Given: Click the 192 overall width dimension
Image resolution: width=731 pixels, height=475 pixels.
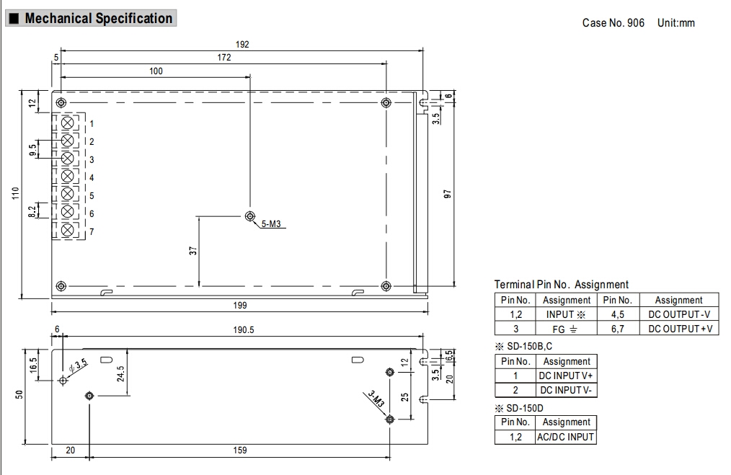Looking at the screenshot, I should [242, 45].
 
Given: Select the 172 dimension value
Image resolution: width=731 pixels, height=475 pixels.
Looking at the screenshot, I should [224, 58].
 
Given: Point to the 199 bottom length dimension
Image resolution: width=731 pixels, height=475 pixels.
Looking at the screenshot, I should [240, 306].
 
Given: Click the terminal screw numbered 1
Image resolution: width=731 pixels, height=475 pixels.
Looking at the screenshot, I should [68, 123].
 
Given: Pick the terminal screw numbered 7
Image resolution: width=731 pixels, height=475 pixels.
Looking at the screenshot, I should [68, 231].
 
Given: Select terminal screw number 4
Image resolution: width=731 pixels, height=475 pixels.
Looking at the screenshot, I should [68, 177].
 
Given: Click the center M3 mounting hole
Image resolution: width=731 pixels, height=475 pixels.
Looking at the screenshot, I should [249, 216].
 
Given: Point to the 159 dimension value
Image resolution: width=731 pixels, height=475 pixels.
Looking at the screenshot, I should [240, 450].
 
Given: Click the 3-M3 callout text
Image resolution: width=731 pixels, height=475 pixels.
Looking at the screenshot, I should [376, 400].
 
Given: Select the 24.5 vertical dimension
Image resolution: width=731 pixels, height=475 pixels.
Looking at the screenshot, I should [120, 373].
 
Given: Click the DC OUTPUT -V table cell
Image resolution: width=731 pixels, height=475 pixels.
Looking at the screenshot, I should [679, 314].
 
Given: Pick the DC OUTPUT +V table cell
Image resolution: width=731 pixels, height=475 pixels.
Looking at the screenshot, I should [679, 329].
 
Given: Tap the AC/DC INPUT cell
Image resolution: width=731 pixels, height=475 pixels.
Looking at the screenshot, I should [566, 437].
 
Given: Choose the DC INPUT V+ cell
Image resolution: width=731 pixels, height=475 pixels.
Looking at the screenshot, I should [566, 376].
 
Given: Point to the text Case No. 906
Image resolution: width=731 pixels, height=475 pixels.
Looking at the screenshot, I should [613, 23].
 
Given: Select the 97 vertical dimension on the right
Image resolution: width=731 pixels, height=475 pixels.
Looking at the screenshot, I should [447, 194].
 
